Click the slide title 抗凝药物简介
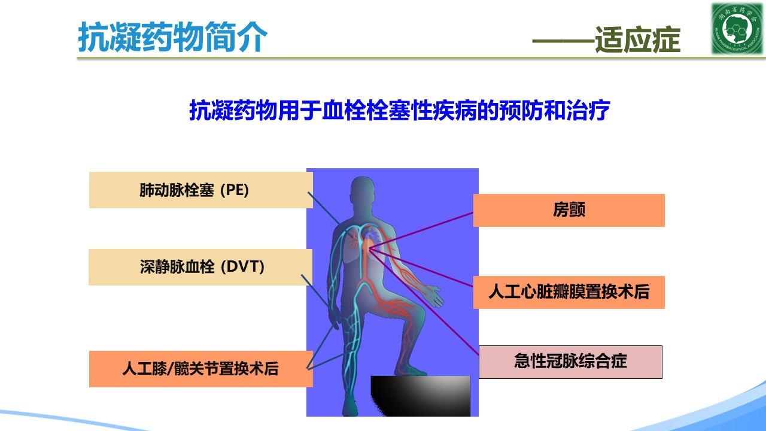point(172,37)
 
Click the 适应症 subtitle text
point(637,40)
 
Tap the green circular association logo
point(737,28)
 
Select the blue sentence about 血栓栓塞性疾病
point(399,110)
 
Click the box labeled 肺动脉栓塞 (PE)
point(200,190)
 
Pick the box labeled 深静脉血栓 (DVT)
point(200,267)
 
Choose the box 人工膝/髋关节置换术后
point(200,369)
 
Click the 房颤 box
point(569,210)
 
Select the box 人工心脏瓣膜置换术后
point(569,292)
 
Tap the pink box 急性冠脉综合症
point(570,362)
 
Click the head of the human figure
point(363,195)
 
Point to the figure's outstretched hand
point(434,295)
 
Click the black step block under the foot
point(421,396)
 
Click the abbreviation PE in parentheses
point(234,190)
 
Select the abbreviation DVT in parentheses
point(242,267)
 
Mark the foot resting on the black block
point(411,371)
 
